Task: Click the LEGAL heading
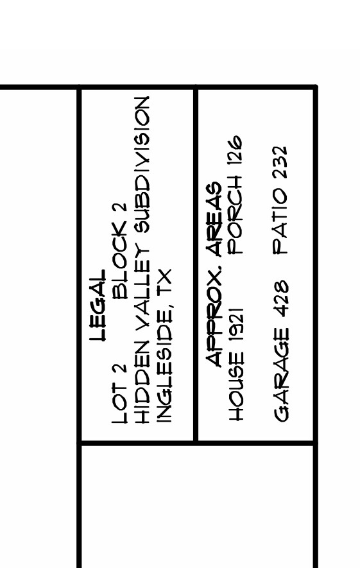coord(98,306)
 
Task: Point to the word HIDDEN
coord(142,382)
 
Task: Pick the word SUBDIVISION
coord(142,165)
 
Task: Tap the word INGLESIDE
coord(164,363)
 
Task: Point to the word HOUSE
coord(237,386)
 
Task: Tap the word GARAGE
coord(282,375)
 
